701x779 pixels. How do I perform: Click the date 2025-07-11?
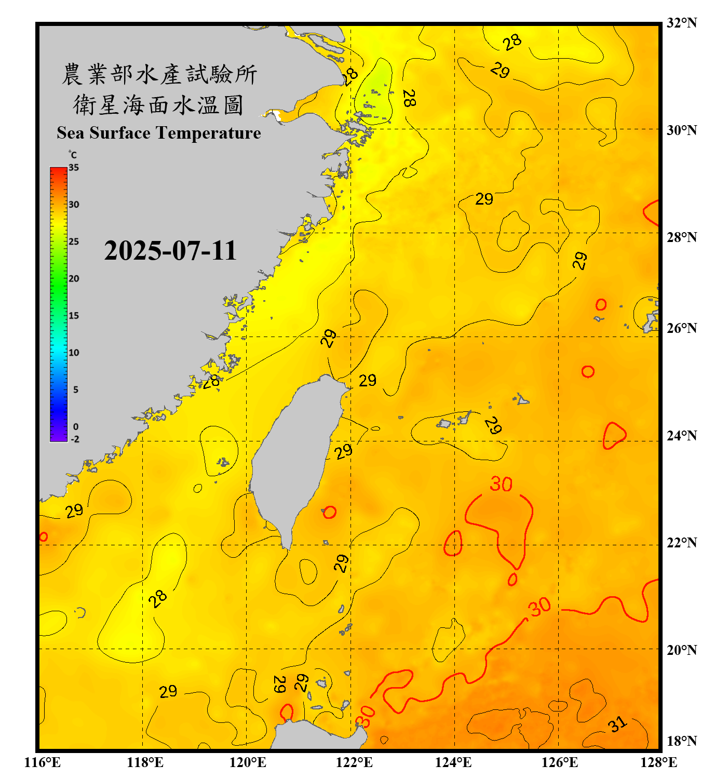tap(170, 251)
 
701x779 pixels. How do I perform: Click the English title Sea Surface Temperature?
tap(159, 133)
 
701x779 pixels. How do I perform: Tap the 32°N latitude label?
tap(681, 23)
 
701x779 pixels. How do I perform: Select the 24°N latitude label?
tap(681, 435)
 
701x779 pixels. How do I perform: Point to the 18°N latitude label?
tap(681, 741)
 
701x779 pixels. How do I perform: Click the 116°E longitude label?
tap(42, 762)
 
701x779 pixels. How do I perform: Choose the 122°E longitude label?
tap(354, 762)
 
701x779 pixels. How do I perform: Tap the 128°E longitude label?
tap(658, 762)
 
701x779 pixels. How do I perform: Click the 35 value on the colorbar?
tap(74, 168)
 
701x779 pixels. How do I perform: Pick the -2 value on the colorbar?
tap(75, 439)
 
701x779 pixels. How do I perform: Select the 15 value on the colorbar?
tap(74, 316)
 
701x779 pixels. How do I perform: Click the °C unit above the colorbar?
tap(73, 155)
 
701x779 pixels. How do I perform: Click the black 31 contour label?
tap(617, 724)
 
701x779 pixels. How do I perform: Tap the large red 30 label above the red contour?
tap(501, 484)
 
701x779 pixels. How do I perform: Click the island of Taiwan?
tap(293, 457)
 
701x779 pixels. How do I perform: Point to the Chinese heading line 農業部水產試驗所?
tap(159, 74)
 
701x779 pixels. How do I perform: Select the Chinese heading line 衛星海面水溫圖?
tap(159, 105)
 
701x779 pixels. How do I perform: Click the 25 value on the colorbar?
tap(74, 241)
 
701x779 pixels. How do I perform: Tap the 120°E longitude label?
tap(248, 762)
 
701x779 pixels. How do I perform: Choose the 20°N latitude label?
tap(681, 650)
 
